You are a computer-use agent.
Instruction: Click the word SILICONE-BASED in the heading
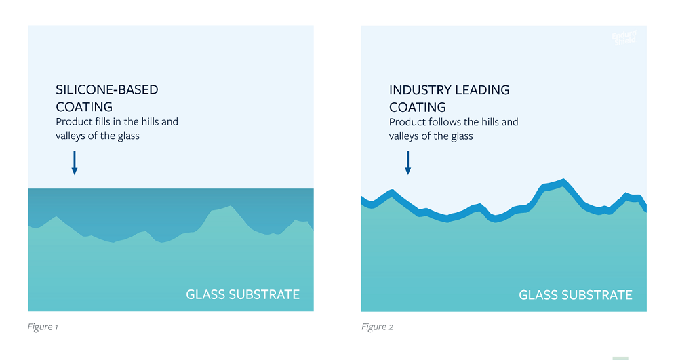[x=107, y=89]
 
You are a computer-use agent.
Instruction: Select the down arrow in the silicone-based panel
[x=75, y=163]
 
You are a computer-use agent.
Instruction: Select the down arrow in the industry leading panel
[x=407, y=163]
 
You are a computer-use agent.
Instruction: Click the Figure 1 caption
[x=43, y=327]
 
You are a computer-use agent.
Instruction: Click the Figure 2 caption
[x=377, y=327]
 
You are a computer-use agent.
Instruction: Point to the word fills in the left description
[x=102, y=122]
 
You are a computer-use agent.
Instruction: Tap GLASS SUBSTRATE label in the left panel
[x=243, y=294]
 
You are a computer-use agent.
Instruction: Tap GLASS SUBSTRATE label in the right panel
[x=576, y=294]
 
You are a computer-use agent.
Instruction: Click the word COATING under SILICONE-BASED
[x=84, y=107]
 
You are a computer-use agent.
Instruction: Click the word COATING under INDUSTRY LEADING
[x=418, y=107]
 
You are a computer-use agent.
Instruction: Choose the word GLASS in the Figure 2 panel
[x=537, y=294]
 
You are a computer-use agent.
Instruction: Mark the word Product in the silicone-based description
[x=73, y=122]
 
